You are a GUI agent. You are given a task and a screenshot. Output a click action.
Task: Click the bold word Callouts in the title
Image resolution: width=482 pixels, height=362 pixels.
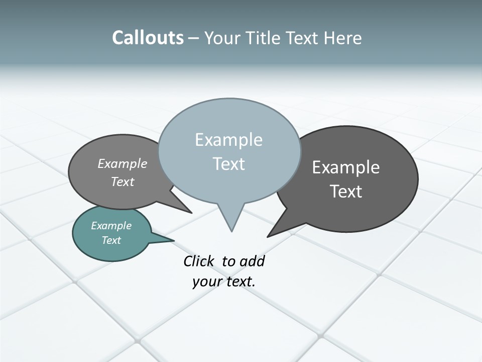pyautogui.click(x=148, y=38)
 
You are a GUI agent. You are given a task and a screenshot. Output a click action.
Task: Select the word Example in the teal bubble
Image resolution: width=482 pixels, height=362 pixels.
pyautogui.click(x=111, y=226)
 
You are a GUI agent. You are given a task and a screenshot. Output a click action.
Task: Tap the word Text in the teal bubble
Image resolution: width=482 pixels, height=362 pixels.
pyautogui.click(x=111, y=240)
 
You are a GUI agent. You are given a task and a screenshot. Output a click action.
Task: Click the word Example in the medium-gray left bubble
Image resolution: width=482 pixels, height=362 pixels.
pyautogui.click(x=123, y=163)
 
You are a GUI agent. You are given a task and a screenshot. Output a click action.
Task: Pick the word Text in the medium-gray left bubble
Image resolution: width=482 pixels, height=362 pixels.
pyautogui.click(x=123, y=182)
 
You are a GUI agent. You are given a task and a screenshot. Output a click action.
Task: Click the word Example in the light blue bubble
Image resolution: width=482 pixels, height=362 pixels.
pyautogui.click(x=228, y=140)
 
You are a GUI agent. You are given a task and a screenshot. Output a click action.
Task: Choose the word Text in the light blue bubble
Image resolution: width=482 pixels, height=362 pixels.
pyautogui.click(x=228, y=164)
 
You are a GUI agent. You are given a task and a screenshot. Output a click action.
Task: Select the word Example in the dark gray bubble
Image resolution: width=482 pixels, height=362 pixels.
pyautogui.click(x=346, y=167)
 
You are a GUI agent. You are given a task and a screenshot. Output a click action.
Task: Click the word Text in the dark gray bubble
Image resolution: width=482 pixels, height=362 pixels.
pyautogui.click(x=346, y=192)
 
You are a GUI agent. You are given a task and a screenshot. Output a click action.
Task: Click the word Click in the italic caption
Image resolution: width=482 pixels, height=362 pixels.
pyautogui.click(x=199, y=261)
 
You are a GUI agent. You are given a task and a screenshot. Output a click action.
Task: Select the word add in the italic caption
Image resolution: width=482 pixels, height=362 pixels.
pyautogui.click(x=252, y=261)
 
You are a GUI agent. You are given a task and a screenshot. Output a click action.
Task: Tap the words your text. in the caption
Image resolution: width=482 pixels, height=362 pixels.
pyautogui.click(x=224, y=281)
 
